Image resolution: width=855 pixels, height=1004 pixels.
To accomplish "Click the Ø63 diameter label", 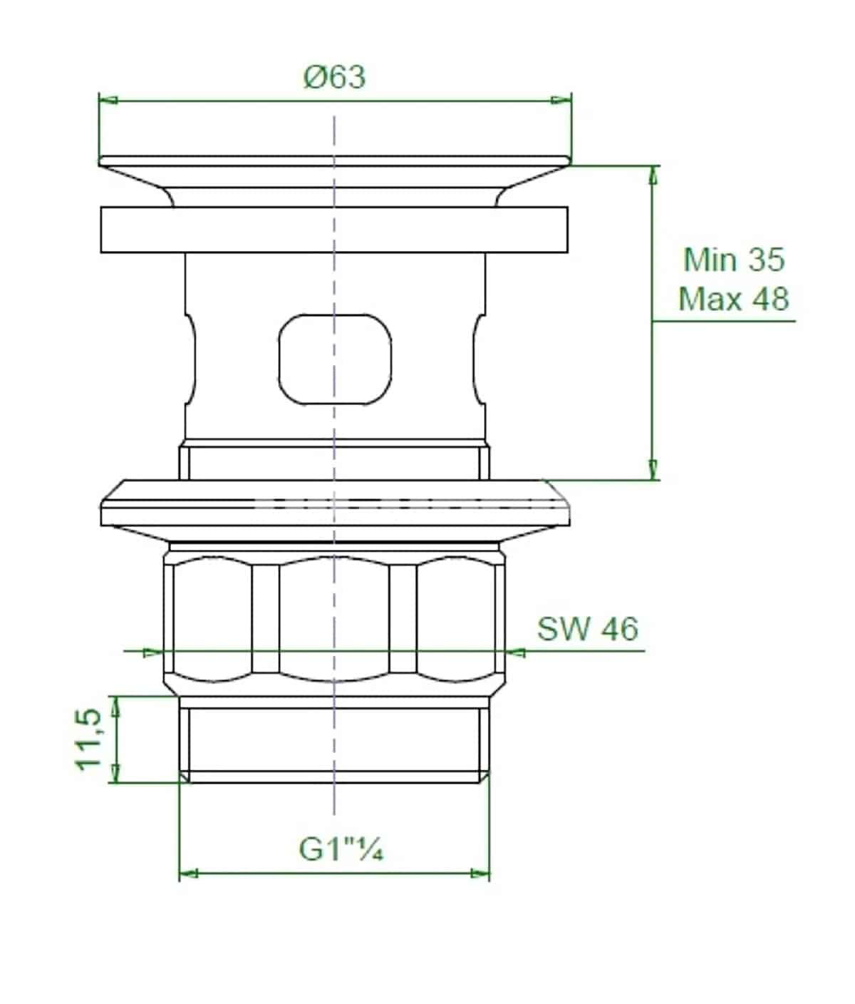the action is [334, 78].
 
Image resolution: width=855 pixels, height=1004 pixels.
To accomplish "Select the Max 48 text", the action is [734, 299].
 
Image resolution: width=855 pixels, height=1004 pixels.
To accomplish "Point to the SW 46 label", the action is [588, 629].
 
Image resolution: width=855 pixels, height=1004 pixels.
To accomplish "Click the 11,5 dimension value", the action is [88, 739].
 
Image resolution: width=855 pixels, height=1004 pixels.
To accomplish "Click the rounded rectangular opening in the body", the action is [335, 359].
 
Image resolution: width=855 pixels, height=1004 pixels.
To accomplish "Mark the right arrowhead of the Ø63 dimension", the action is [562, 101].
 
